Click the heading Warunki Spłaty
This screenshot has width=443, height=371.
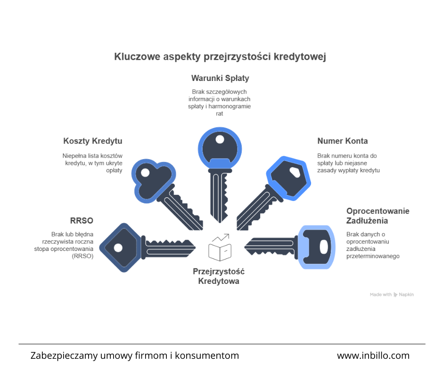tap(220, 78)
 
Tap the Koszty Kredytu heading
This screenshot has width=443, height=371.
tap(93, 141)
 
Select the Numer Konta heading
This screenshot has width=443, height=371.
tap(343, 141)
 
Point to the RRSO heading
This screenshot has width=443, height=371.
tap(82, 220)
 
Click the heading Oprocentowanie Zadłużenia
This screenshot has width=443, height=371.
tap(378, 216)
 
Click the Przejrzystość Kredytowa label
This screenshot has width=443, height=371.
tap(219, 276)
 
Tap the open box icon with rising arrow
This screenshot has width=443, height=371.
tap(220, 247)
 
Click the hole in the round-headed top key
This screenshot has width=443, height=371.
tap(220, 139)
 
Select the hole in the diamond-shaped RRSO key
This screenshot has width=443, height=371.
tap(118, 248)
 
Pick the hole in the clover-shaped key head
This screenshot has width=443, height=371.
tap(145, 172)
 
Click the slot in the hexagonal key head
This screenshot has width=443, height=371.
tap(295, 172)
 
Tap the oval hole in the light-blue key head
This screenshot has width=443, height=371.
tap(324, 247)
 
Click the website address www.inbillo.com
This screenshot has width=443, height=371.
tap(373, 355)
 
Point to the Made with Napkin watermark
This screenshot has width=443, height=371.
tap(392, 294)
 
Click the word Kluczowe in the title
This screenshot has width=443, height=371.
tap(137, 56)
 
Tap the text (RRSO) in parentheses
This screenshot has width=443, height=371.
tap(82, 256)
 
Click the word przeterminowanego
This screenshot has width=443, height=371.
tap(373, 256)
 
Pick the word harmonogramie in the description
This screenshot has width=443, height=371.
tap(230, 106)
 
